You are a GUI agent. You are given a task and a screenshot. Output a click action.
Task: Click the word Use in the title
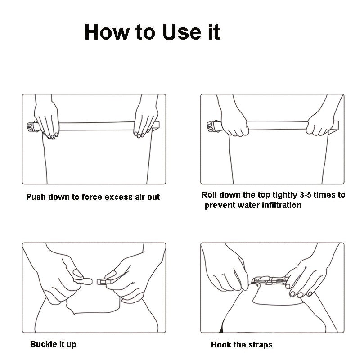[x=181, y=32]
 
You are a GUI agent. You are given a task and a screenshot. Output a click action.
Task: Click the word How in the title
[x=107, y=32]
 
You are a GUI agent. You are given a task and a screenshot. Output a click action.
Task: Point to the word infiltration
[x=282, y=205]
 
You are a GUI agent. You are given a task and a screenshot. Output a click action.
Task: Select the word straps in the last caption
[x=260, y=345]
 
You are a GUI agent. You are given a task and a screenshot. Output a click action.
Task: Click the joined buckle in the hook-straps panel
[x=270, y=280]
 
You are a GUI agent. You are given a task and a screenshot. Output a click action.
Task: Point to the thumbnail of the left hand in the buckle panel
[x=78, y=273]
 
